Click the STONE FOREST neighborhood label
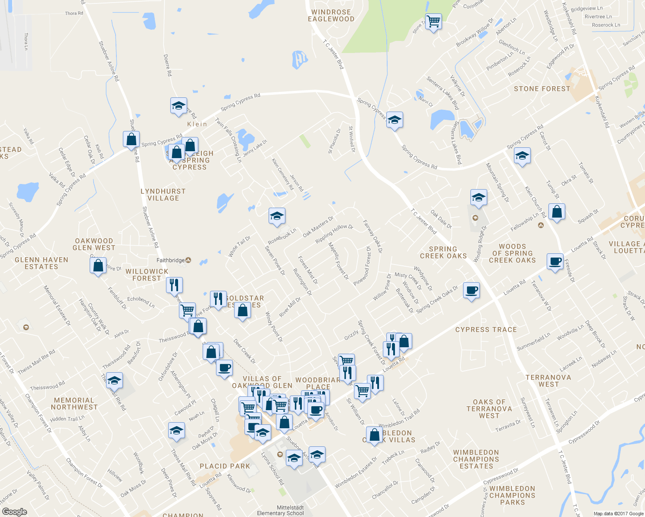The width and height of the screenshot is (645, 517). tap(542, 89)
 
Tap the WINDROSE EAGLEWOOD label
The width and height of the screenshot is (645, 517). tap(331, 16)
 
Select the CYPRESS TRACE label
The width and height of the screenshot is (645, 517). tap(486, 330)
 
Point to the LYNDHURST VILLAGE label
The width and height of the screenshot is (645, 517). tap(163, 195)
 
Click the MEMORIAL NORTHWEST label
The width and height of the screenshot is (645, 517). tap(74, 404)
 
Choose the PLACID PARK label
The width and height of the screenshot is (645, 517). tap(225, 466)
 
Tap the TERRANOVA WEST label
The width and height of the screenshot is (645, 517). tap(548, 381)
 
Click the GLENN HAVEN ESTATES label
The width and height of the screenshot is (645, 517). tap(41, 263)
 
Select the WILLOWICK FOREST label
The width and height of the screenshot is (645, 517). tap(147, 275)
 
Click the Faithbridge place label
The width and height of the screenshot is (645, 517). tap(171, 260)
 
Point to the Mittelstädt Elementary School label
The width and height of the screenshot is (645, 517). tap(280, 510)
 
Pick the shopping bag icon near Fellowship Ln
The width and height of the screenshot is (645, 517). tap(557, 212)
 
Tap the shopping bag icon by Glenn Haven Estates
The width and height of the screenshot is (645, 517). tap(98, 265)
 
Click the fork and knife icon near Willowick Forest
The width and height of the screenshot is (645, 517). tap(174, 285)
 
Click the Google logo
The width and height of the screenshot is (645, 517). tap(15, 511)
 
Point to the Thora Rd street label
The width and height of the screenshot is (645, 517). tap(74, 13)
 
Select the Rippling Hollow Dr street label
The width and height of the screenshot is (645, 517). tap(334, 234)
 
